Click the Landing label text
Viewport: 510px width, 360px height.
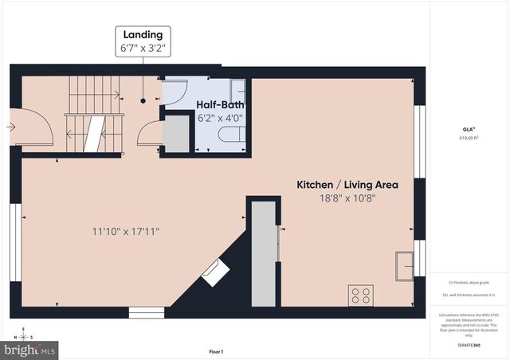(143, 34)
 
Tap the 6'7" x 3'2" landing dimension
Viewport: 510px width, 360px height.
(143, 49)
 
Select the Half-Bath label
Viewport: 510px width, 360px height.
(220, 104)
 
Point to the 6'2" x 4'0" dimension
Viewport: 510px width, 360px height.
(220, 119)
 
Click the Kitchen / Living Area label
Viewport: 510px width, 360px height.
(347, 184)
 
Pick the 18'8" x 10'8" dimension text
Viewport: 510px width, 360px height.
(347, 198)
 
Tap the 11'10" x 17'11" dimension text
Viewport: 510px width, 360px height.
(125, 232)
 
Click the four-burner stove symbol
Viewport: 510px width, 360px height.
(360, 295)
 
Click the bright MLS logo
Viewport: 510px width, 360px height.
(30, 349)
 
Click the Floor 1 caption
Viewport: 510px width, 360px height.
(216, 351)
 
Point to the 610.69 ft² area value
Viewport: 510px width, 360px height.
(468, 138)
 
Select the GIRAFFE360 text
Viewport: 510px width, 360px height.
(468, 345)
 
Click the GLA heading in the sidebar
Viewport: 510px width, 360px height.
(468, 128)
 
